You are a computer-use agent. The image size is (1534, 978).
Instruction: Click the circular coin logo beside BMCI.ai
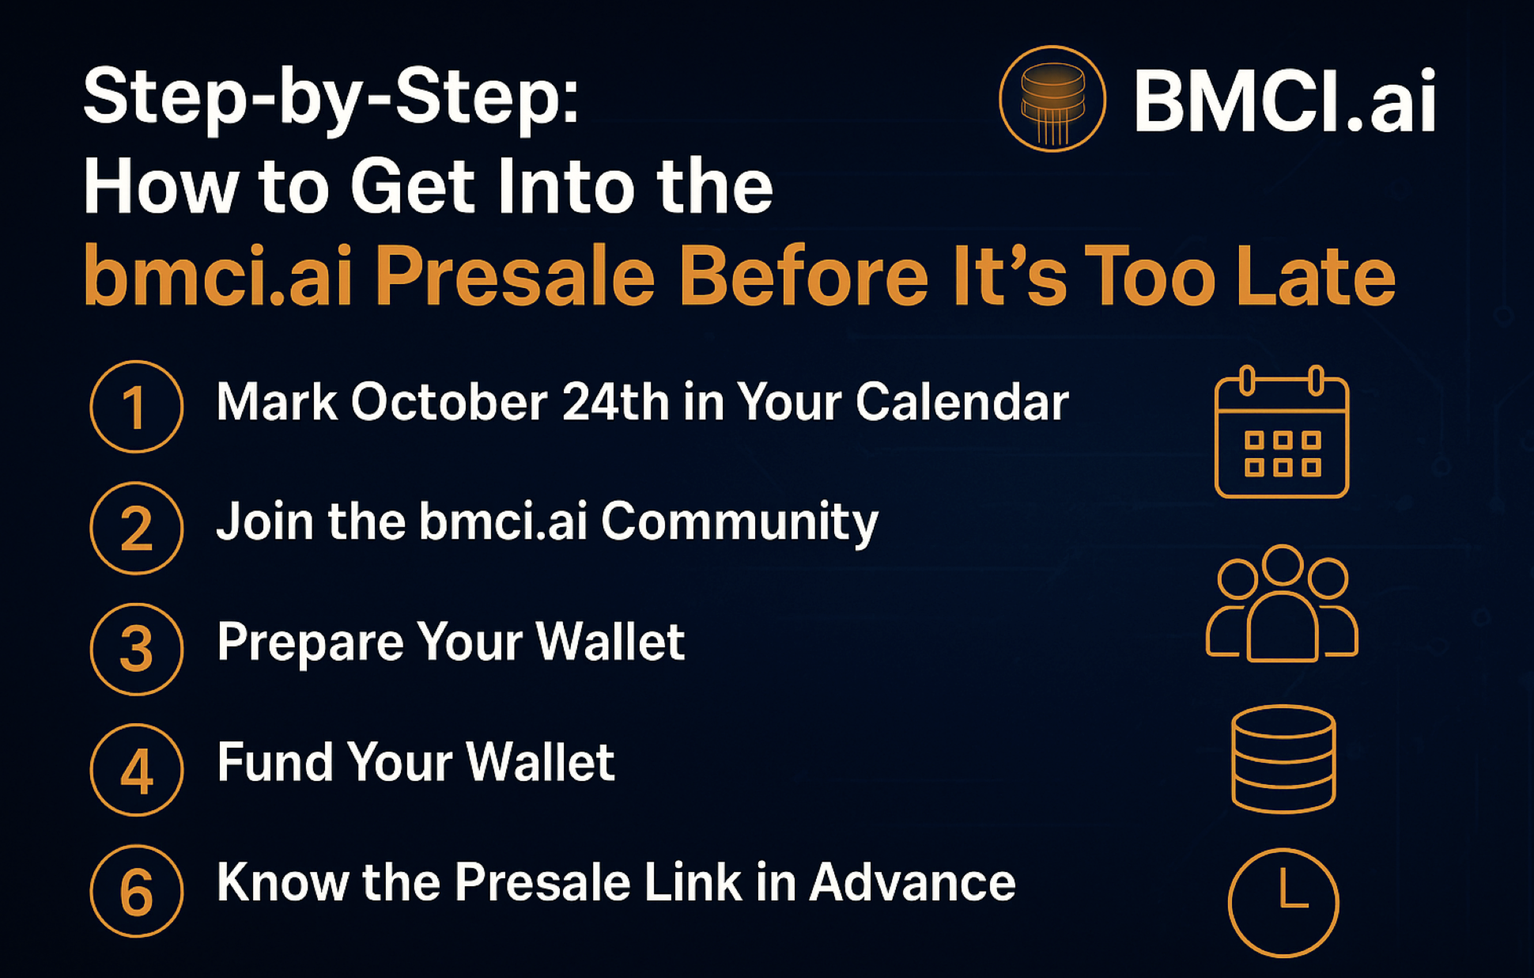[x=1052, y=99]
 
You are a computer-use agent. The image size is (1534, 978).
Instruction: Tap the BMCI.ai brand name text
[x=1284, y=101]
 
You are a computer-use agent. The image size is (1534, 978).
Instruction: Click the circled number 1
[x=136, y=407]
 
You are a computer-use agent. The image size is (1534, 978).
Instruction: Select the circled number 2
[x=136, y=528]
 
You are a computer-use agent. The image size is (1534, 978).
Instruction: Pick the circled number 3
[x=136, y=649]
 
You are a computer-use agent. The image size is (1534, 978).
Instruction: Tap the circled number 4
[x=136, y=770]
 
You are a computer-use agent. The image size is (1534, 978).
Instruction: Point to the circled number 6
[x=136, y=891]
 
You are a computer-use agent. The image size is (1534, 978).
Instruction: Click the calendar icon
[x=1281, y=433]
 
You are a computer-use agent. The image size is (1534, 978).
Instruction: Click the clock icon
[x=1283, y=903]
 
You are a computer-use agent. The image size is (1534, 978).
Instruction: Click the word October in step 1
[x=448, y=402]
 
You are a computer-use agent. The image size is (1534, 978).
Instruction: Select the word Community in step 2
[x=739, y=522]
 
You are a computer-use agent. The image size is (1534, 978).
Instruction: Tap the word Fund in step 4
[x=274, y=762]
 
